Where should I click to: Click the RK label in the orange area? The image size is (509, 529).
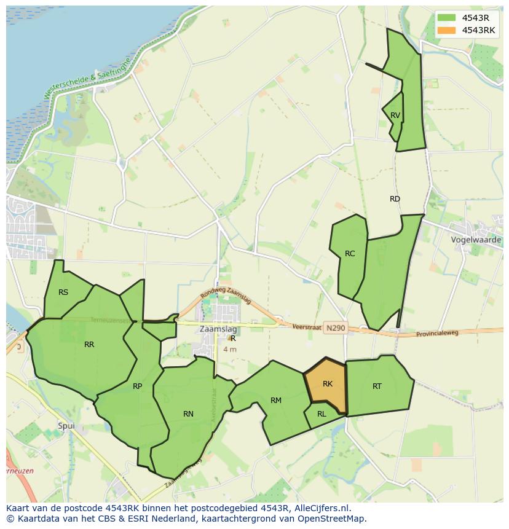click(327, 384)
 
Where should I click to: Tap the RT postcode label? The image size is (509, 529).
click(377, 386)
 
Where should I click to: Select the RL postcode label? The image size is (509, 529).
click(322, 414)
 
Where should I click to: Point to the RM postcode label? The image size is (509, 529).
click(276, 401)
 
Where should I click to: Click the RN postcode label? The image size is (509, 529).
click(188, 414)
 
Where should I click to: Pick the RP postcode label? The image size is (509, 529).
click(137, 386)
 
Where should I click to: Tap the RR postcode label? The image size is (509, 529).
click(89, 345)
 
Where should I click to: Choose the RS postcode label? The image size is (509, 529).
click(63, 292)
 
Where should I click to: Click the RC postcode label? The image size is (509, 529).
click(350, 254)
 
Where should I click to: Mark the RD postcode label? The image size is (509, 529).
click(395, 199)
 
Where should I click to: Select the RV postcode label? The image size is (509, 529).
click(395, 116)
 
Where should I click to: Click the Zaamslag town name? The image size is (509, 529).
click(218, 329)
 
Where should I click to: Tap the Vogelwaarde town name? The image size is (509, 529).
click(476, 240)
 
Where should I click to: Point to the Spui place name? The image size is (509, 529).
click(65, 425)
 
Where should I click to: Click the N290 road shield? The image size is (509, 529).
click(336, 328)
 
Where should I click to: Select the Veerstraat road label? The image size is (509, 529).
click(307, 327)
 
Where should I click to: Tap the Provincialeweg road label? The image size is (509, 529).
click(437, 333)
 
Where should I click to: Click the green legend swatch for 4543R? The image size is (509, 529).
click(447, 17)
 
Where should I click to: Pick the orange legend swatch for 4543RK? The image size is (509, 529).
click(447, 30)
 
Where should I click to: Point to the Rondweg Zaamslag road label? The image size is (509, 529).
click(225, 295)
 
